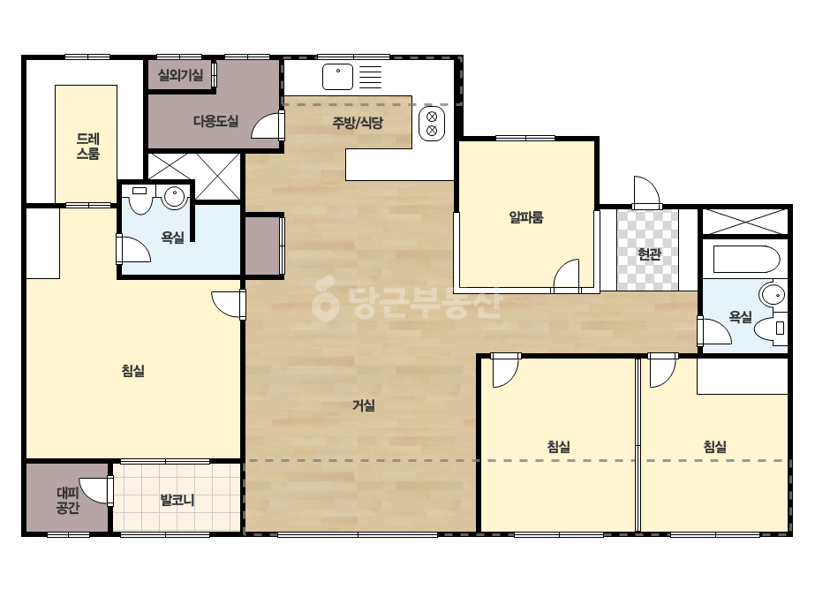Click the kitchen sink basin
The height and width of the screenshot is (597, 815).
tap(338, 77)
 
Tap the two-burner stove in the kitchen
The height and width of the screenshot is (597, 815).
tap(432, 124)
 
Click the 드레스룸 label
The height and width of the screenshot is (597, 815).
tap(88, 146)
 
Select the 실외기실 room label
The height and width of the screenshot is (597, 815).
tap(180, 75)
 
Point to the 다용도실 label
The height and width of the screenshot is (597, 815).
tap(215, 121)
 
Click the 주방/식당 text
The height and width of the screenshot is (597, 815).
tap(358, 123)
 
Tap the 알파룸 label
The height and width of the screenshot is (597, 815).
tap(526, 217)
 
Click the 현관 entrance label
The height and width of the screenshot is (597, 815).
tap(649, 253)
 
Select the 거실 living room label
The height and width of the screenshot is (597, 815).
tap(363, 405)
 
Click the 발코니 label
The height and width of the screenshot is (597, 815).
tap(177, 500)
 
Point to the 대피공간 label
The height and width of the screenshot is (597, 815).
tap(68, 500)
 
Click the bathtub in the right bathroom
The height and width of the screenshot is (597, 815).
tap(746, 259)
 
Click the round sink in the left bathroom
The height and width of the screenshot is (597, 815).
tap(175, 198)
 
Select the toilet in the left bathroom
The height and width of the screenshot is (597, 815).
tap(140, 200)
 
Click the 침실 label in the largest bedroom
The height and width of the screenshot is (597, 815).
tap(132, 371)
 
